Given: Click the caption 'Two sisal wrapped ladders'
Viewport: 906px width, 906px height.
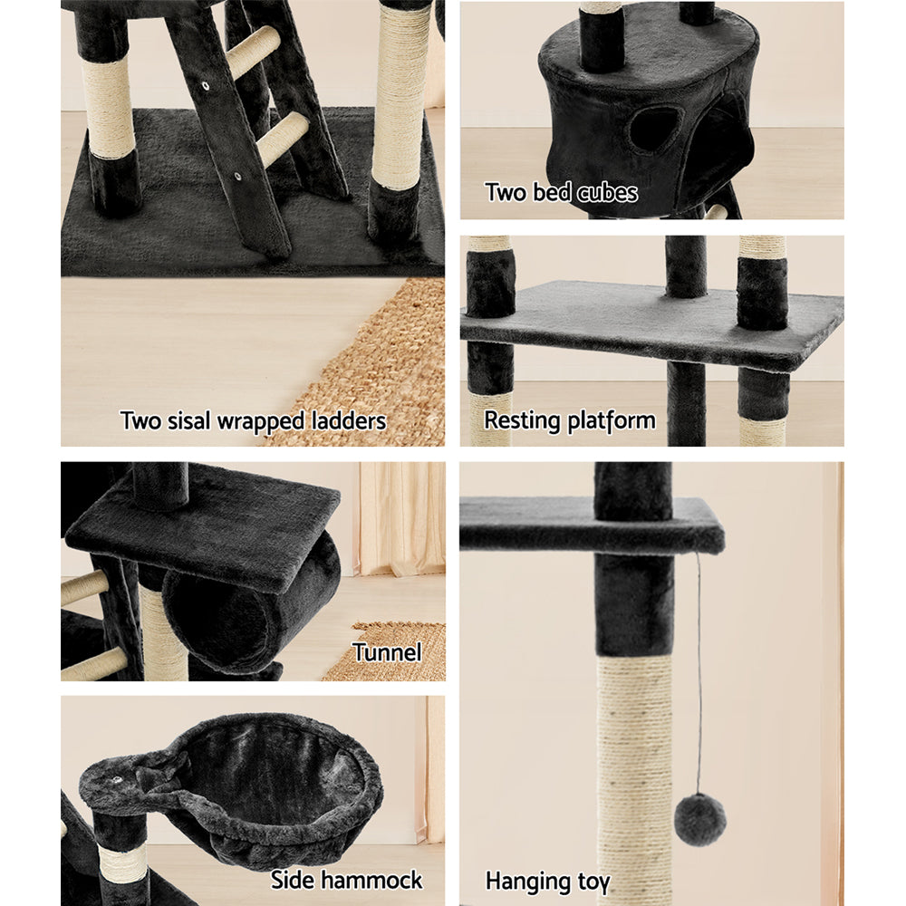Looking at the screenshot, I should point(253,420).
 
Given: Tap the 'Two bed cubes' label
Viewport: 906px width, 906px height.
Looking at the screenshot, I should point(561,192).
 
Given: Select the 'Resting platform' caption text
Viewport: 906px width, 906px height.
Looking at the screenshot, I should point(569,420).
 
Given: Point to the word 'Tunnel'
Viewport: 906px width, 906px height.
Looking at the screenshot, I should point(387,652).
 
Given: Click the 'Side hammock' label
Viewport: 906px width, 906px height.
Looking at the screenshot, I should point(346,880).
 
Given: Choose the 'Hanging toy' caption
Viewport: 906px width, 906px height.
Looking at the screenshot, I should point(547,881).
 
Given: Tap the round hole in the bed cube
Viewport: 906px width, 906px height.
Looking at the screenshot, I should point(654,130).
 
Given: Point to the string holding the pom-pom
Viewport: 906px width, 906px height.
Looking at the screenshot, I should point(698,670).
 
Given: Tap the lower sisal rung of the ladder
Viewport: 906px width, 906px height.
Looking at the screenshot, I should point(283,138).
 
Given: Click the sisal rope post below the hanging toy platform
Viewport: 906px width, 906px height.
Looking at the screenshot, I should point(634,770).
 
